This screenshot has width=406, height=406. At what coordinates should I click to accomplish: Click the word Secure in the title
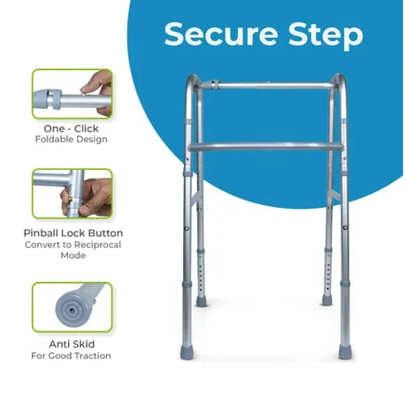coord(221,34)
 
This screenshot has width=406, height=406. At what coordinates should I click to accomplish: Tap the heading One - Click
coord(72,128)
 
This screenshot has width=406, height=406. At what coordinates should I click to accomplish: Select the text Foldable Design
coord(72,139)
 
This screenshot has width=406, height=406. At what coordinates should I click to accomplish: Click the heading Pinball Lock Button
coord(73,233)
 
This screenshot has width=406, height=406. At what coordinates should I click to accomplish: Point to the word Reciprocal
coord(97,245)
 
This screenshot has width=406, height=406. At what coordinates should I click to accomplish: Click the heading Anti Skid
coord(72,344)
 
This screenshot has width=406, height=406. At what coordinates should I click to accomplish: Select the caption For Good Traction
coord(71,356)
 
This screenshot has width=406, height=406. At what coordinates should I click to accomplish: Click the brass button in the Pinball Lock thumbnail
coord(70,201)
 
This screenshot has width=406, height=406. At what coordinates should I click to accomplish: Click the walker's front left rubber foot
coord(187,352)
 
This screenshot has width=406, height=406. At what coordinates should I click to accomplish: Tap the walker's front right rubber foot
coord(345,352)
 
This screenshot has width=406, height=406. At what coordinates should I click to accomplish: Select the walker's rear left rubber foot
coord(202,302)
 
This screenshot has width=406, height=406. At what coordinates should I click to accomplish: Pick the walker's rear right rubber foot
coord(326,301)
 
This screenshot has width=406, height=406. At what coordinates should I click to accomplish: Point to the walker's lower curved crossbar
coord(266,146)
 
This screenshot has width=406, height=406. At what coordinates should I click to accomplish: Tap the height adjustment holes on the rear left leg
coord(201,277)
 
